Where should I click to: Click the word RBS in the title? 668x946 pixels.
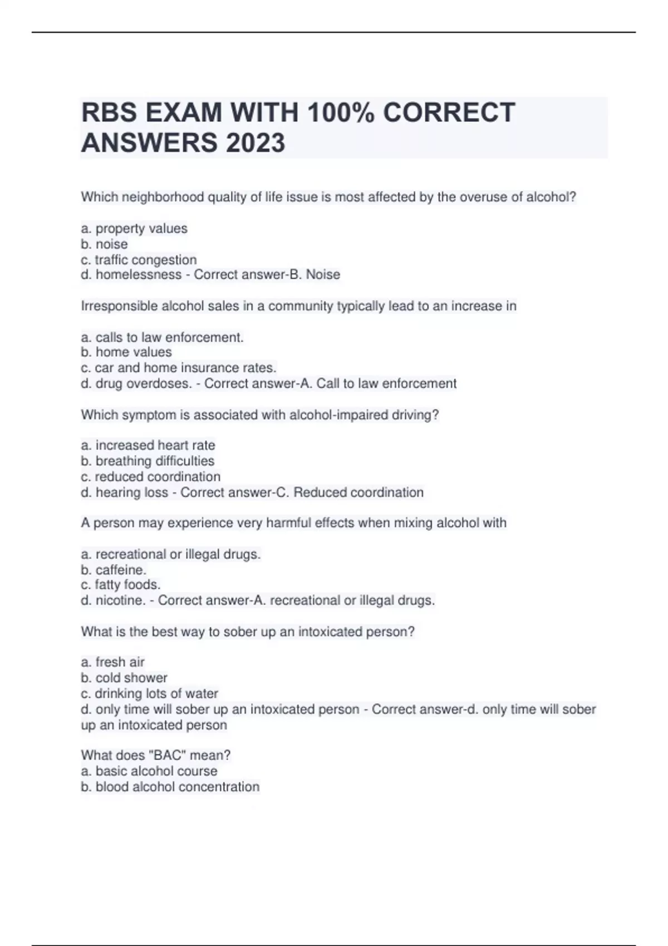[x=109, y=112]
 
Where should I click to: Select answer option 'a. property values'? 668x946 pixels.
[x=134, y=228]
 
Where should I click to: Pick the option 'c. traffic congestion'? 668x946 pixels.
[x=139, y=259]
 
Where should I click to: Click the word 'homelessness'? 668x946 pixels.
[x=139, y=274]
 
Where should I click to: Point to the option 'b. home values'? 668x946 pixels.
[x=126, y=352]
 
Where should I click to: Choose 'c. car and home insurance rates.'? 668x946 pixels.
[x=179, y=367]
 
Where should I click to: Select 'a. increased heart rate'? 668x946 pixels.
[x=148, y=445]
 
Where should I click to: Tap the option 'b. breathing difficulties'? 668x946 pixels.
[x=148, y=461]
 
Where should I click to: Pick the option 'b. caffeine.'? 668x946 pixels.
[x=114, y=570]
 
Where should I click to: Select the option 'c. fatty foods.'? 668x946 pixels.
[x=121, y=584]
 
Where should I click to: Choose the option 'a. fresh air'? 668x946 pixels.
[x=113, y=662]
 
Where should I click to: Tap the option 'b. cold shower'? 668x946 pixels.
[x=124, y=678]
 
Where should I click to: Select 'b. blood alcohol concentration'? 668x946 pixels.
[x=170, y=787]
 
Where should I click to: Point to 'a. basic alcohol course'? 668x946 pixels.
[x=149, y=771]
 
